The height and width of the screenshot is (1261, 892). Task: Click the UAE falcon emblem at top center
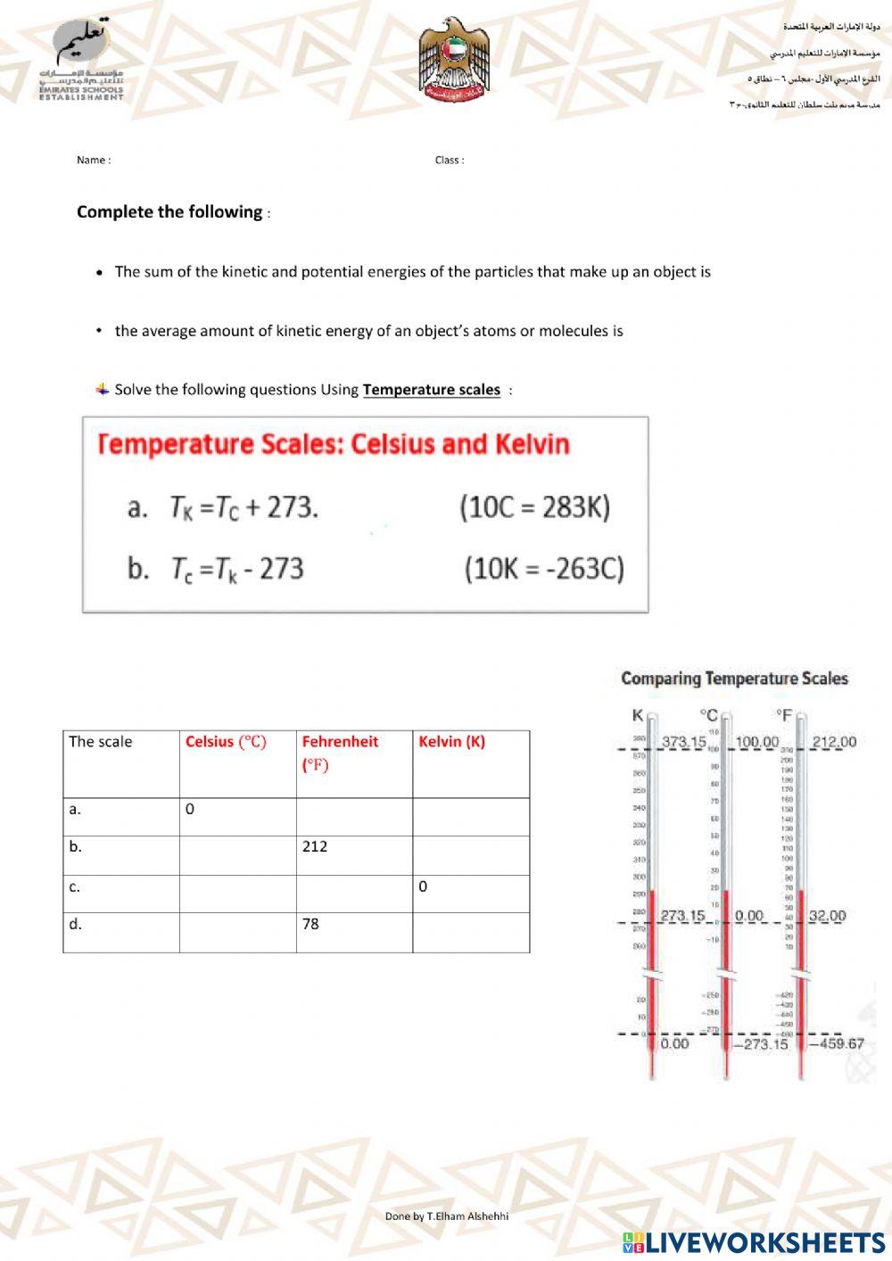(454, 60)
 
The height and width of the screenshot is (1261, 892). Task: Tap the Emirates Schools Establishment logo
(81, 61)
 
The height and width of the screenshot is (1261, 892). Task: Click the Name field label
(94, 161)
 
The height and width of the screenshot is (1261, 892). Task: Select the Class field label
(450, 161)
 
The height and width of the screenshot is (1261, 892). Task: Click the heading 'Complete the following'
(169, 212)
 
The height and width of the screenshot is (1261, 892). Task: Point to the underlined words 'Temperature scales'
(431, 390)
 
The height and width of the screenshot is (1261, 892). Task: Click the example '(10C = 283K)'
(534, 507)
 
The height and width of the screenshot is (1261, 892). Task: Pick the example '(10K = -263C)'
(543, 568)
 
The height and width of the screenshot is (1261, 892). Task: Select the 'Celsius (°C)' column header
(226, 742)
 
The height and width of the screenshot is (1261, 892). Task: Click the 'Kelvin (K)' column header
(451, 742)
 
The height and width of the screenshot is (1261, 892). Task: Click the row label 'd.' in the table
(76, 924)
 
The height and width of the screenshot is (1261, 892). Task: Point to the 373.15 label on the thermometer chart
(683, 742)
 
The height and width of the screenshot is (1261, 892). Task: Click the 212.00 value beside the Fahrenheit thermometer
(833, 742)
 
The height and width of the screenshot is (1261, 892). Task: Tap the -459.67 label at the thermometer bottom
(836, 1043)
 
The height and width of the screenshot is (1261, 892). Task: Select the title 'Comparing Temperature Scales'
(734, 679)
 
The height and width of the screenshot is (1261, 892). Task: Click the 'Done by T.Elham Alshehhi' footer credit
(447, 1216)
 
